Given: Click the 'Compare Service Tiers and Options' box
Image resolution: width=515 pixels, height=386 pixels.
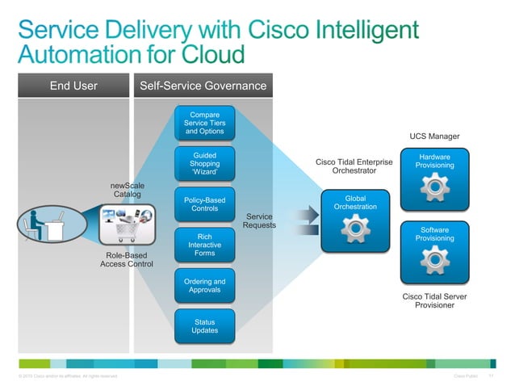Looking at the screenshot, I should pyautogui.click(x=204, y=123).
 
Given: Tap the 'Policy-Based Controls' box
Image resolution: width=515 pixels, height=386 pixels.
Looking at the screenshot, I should pyautogui.click(x=204, y=204).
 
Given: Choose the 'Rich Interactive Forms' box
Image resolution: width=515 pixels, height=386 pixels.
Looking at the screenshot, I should pyautogui.click(x=204, y=245).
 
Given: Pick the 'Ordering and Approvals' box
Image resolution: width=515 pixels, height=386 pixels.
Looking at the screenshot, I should pyautogui.click(x=204, y=285).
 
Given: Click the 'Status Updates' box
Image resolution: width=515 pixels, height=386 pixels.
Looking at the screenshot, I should pyautogui.click(x=204, y=325).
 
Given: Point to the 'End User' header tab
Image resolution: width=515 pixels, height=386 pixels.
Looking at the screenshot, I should pyautogui.click(x=73, y=86).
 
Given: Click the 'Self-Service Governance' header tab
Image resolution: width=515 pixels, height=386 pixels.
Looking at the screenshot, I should pyautogui.click(x=203, y=86).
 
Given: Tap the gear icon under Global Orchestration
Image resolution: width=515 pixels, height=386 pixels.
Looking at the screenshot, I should pyautogui.click(x=355, y=230).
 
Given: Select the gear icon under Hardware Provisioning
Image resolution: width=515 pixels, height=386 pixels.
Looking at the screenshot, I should pyautogui.click(x=434, y=187).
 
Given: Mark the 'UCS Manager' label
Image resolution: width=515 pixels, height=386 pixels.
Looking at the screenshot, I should pyautogui.click(x=434, y=136).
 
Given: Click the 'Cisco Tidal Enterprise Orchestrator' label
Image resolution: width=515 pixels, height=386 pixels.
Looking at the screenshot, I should pyautogui.click(x=354, y=166).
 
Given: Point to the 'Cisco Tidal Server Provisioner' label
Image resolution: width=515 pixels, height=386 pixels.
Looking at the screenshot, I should pyautogui.click(x=434, y=300).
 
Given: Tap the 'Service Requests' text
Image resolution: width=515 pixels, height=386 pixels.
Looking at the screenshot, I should pyautogui.click(x=259, y=220).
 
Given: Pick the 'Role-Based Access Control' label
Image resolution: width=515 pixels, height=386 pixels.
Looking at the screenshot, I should pyautogui.click(x=126, y=259).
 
